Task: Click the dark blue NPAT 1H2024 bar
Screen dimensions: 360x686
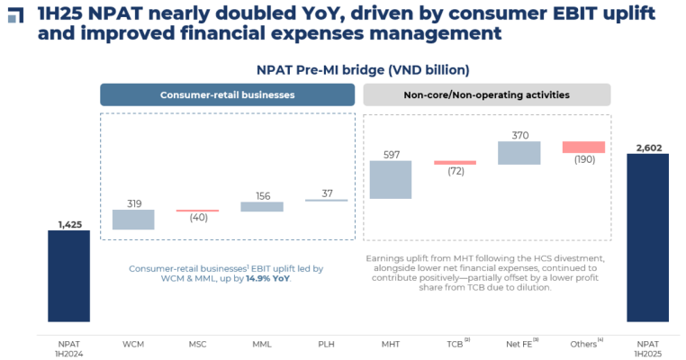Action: coord(68,275)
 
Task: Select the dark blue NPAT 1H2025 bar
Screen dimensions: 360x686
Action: coord(648,238)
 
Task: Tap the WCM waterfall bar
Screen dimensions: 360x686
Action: coord(133,220)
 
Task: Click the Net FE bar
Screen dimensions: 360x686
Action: coord(519,153)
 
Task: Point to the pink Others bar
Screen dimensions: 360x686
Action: coord(583,148)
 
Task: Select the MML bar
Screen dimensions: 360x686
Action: coord(262,206)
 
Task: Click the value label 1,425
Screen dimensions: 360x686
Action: coord(68,223)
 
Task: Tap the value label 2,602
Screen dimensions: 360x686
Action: coord(648,146)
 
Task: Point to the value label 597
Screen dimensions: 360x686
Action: coord(391,154)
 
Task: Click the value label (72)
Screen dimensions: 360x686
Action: coord(455,171)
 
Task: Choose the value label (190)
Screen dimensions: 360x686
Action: coord(583,160)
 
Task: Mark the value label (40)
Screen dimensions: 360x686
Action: coord(197,217)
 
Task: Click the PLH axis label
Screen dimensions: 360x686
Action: coord(326,344)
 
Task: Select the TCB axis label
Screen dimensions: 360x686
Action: coord(455,344)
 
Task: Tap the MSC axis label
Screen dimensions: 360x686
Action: coord(197,344)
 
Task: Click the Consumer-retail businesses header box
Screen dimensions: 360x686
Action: coord(227,95)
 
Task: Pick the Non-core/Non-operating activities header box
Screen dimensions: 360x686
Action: coord(486,95)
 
